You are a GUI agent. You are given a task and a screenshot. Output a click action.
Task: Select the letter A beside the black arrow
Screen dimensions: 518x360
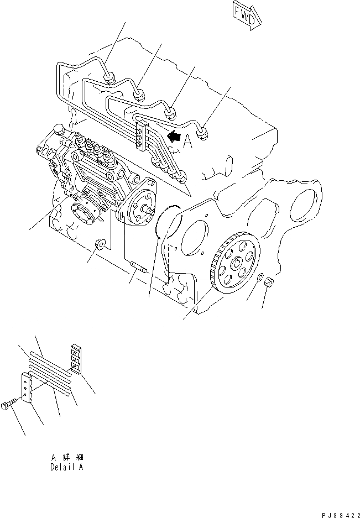(188, 143)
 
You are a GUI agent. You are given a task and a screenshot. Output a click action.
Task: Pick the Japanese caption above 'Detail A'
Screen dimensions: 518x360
(66, 457)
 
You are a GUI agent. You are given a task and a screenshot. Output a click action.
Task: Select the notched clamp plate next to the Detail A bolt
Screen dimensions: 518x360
(27, 387)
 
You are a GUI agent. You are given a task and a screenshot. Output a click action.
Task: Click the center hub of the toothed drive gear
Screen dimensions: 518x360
(236, 262)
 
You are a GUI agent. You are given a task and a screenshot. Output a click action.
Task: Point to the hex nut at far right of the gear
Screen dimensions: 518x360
(266, 281)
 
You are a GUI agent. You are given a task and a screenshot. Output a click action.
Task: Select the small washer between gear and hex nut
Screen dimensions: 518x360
(258, 276)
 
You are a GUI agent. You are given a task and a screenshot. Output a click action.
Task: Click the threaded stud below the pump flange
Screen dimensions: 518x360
(138, 270)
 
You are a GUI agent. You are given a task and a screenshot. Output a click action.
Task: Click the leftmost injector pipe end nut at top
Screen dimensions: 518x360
(109, 78)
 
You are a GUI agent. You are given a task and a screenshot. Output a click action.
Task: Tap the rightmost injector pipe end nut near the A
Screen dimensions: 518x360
(206, 133)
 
